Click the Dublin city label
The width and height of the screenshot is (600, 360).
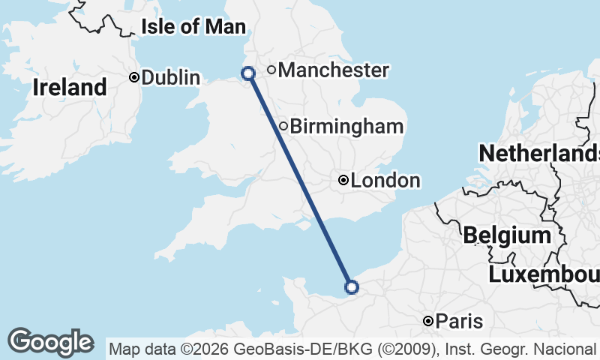171,77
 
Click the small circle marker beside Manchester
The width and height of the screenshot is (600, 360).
271,70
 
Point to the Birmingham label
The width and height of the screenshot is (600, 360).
346,127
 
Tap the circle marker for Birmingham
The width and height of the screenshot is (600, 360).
283,126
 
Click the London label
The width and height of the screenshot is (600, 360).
385,181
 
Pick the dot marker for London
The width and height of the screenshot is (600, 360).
343,180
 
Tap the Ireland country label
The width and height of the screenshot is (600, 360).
70,88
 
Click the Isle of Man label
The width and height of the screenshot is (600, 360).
193,28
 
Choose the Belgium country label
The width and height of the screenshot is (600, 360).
507,235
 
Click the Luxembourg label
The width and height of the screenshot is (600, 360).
544,274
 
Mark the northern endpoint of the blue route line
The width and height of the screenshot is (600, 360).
247,73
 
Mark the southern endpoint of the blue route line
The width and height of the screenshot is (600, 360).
351,286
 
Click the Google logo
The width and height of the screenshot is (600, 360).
50,342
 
